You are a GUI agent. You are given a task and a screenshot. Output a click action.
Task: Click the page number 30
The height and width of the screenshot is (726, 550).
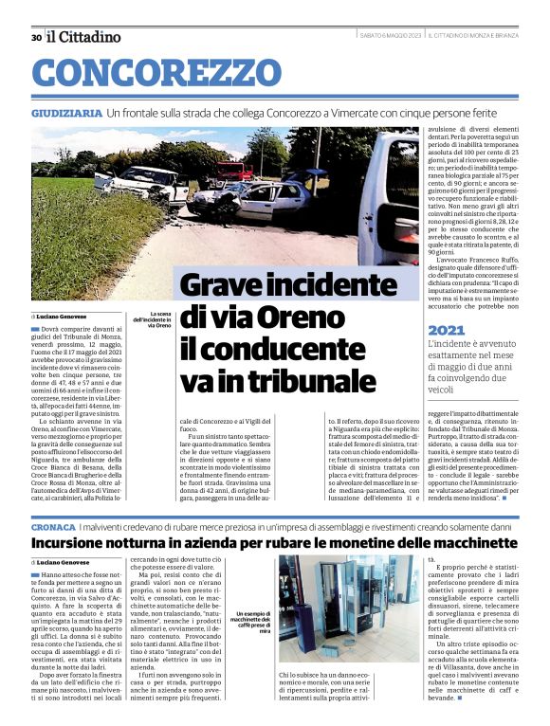point(35,37)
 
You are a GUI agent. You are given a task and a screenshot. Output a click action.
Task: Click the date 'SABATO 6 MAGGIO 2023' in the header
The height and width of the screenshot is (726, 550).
point(391,36)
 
